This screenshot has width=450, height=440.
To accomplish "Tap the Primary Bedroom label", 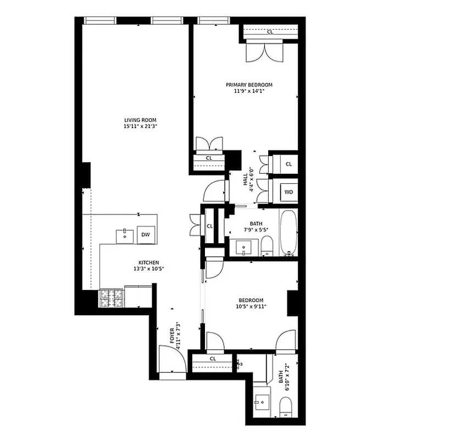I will click(x=249, y=85).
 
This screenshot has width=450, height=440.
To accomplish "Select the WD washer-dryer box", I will click(x=288, y=193).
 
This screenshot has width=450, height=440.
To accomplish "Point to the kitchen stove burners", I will click(x=112, y=298).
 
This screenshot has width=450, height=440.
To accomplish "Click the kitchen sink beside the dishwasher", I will click(x=125, y=235).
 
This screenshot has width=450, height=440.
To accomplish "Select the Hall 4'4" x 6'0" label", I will click(x=248, y=180).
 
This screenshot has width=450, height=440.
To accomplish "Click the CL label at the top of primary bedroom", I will click(x=270, y=32).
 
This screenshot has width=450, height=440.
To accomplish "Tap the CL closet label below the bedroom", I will click(x=213, y=359).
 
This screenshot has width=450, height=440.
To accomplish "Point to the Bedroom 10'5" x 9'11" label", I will click(x=251, y=303).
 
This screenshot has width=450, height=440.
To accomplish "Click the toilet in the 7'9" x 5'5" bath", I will click(x=267, y=246).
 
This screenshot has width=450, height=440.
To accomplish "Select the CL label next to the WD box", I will click(x=288, y=164).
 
